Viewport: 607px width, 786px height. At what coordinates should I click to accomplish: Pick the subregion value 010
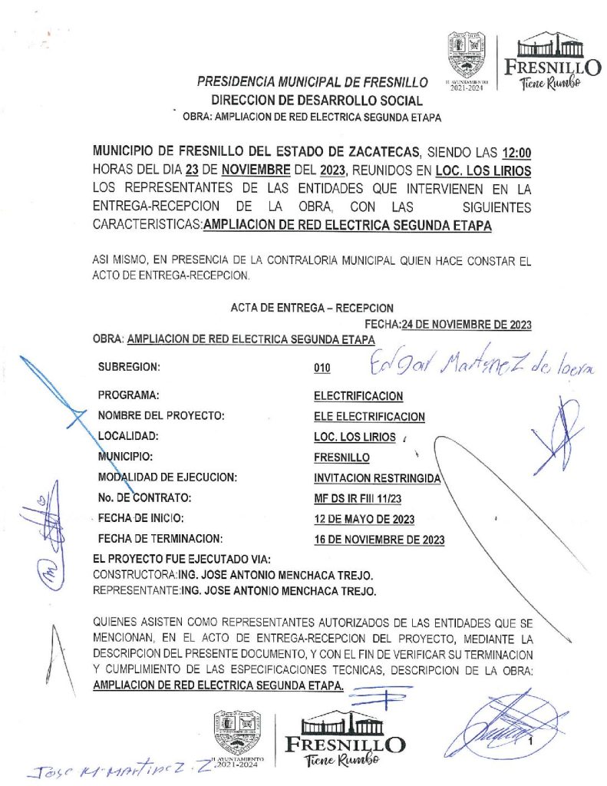tap(322, 368)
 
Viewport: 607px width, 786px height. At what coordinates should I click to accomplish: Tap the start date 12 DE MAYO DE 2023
tap(365, 518)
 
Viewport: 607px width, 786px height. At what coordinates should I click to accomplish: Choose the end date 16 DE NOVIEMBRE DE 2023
tap(379, 539)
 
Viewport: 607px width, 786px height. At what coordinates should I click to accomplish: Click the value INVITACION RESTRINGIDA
tap(376, 477)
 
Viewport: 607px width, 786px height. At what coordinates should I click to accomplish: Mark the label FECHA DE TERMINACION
tap(160, 538)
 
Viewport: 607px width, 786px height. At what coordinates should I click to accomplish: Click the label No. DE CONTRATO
tap(150, 497)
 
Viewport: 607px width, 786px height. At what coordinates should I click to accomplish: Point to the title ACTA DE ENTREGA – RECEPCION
tap(312, 307)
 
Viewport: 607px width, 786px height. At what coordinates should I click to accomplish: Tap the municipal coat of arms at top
tap(467, 53)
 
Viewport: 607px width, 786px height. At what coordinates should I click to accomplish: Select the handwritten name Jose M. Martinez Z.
tap(107, 766)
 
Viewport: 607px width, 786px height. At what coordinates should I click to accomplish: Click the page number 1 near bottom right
tap(529, 742)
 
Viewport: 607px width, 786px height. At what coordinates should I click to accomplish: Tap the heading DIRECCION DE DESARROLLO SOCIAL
tap(317, 100)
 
